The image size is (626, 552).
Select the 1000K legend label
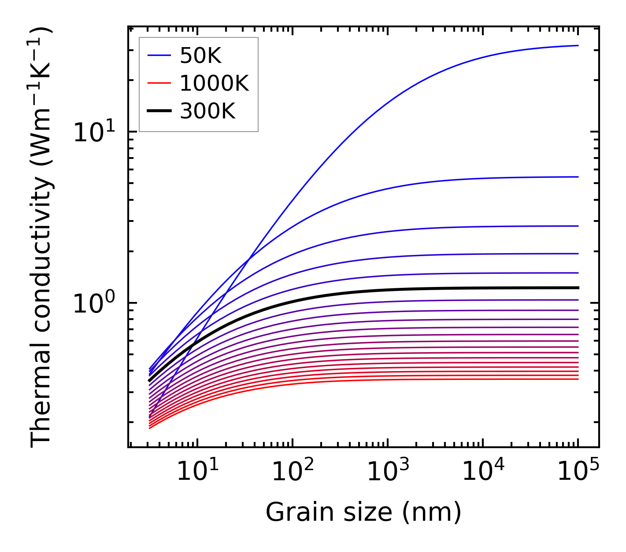point(214,83)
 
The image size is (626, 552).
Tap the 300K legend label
point(207,111)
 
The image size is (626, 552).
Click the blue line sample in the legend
point(159,55)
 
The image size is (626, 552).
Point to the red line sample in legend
point(159,83)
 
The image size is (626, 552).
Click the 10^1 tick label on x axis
point(197,471)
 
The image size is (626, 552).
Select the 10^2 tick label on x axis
point(293,471)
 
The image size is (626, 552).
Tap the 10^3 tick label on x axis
point(388,471)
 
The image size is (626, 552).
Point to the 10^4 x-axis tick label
point(483,471)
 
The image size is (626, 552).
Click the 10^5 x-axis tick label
point(578,471)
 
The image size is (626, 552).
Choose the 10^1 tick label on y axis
point(94,132)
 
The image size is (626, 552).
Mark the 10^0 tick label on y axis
point(94,303)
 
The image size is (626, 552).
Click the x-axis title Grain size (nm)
point(363,512)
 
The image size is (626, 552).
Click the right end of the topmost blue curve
point(578,45)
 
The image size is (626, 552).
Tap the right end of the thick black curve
point(578,288)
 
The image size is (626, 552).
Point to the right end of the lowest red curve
point(578,379)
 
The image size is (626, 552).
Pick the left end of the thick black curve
point(150,380)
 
